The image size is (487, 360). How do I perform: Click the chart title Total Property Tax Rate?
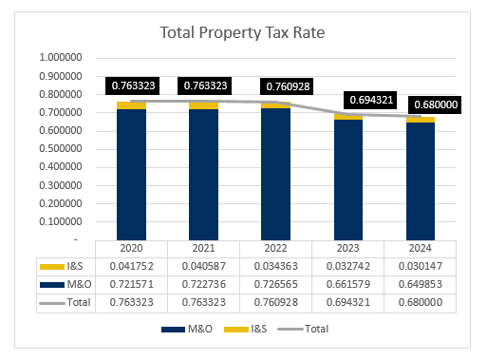243,32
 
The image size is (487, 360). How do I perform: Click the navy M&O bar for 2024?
421,180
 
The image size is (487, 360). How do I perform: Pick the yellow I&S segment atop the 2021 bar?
203,105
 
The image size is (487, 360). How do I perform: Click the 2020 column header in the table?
131,248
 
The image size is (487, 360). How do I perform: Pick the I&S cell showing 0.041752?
131,265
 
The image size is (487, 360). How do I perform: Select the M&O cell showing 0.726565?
277,283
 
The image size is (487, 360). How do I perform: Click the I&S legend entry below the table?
252,329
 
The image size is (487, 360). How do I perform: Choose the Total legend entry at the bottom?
309,329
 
